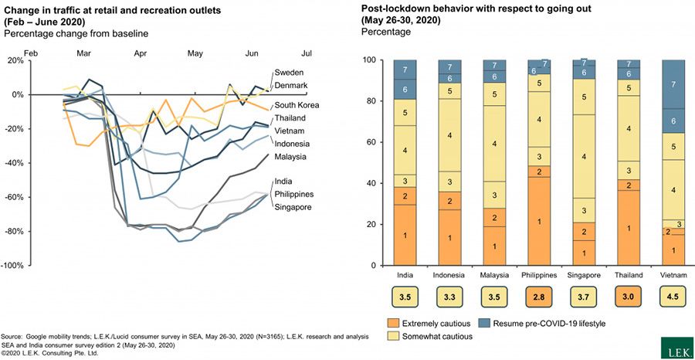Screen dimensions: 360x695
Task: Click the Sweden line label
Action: (290, 73)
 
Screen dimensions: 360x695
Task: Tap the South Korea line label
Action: (298, 105)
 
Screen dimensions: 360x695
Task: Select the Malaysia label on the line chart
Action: (292, 157)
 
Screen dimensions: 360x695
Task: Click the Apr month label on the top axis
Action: (140, 53)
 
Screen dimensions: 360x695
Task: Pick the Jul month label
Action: (307, 53)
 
